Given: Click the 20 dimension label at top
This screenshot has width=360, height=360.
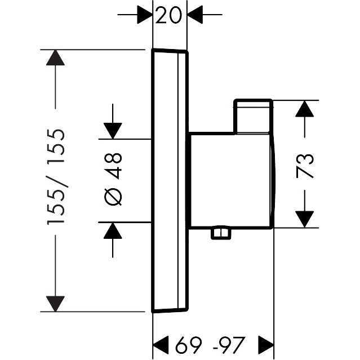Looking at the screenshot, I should coord(170,16).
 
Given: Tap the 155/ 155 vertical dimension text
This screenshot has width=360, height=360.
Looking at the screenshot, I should coord(57,178).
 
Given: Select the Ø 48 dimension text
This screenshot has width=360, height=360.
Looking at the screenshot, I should coord(113,180).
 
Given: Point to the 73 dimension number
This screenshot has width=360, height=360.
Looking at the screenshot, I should coord(305,165).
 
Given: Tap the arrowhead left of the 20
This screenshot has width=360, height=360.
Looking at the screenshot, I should coord(145,16).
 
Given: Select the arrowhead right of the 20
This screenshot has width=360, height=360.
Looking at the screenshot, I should coord(195,16).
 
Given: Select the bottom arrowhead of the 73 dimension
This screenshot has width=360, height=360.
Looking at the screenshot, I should coord(305,219).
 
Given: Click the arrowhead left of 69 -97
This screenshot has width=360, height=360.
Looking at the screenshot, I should coord(162,342).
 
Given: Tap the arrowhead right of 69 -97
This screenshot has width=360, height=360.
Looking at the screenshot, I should coord(265,342).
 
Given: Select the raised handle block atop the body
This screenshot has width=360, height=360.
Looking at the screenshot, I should coord(253,117).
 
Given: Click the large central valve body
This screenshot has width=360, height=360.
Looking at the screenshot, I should coord(231,180).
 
